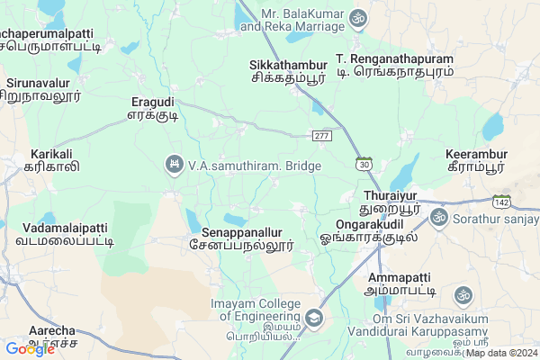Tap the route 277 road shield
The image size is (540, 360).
coord(322,135)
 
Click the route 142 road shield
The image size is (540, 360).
coord(502,200)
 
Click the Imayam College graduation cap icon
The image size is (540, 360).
coord(313,318)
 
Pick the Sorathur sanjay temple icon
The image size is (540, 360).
coord(439,217)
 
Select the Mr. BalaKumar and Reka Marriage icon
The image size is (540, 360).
coord(357,17)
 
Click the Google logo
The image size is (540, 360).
coord(30,348)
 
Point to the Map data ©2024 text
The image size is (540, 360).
coord(502,352)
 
